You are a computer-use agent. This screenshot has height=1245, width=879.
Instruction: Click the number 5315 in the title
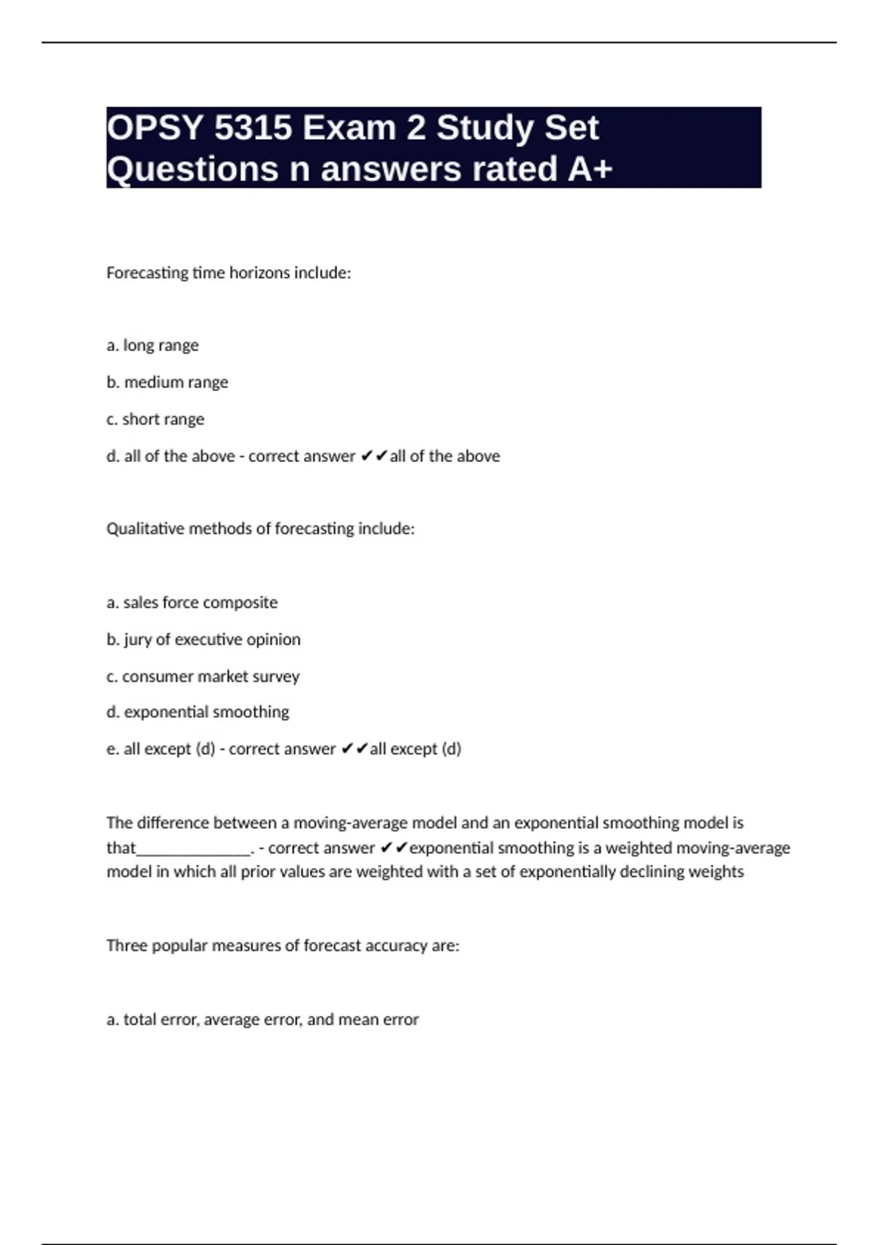[x=252, y=128]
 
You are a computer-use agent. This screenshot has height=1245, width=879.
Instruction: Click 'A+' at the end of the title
[x=590, y=169]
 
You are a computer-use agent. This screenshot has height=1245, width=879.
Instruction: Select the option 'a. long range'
[x=152, y=345]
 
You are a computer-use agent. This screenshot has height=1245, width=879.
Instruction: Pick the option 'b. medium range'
[x=167, y=382]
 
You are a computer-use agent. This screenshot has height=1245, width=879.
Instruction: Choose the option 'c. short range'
[x=155, y=419]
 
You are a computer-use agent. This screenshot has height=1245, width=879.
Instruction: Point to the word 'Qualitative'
[x=145, y=529]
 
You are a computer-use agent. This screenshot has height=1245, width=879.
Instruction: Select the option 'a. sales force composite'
[x=192, y=603]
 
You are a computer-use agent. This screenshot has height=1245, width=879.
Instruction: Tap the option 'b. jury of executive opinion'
[x=203, y=639]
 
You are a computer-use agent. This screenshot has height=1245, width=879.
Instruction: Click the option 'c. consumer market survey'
[x=203, y=676]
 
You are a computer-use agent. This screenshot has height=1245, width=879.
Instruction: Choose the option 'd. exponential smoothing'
[x=198, y=712]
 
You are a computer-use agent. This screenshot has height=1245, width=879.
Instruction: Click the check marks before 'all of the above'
[x=374, y=456]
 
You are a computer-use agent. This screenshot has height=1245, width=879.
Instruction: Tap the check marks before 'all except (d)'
[x=354, y=749]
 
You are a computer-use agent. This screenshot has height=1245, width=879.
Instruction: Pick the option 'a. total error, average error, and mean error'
[x=262, y=1019]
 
